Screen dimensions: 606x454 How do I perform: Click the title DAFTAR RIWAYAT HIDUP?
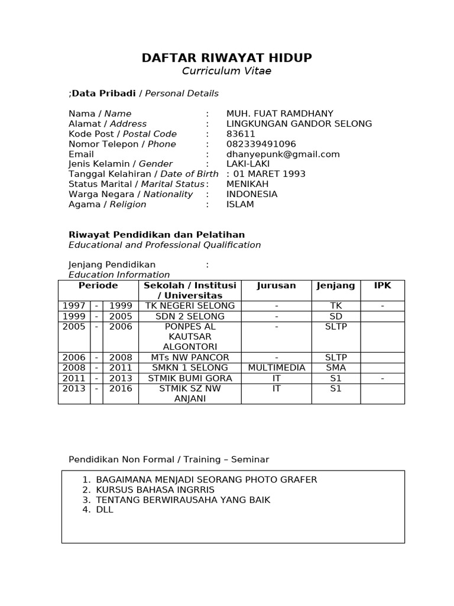[x=227, y=58]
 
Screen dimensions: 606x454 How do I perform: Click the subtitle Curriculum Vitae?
[x=227, y=72]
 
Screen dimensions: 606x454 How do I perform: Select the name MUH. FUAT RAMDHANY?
[x=280, y=114]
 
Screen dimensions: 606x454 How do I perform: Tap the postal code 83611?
[x=241, y=134]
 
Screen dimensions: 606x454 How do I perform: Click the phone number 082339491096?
[x=261, y=144]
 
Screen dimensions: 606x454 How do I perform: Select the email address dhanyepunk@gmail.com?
[x=283, y=154]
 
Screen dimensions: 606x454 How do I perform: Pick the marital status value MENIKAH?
[x=247, y=184]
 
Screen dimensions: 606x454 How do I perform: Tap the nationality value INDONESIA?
[x=252, y=194]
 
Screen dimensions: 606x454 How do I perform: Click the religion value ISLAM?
[x=240, y=204]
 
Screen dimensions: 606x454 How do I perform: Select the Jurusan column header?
[x=276, y=286]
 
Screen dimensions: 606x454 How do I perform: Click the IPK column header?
[x=382, y=286]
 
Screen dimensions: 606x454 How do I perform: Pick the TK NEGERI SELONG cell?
[x=190, y=306]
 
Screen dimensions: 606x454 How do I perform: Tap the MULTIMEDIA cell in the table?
[x=276, y=368]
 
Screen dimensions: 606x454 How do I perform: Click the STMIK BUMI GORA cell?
[x=190, y=378]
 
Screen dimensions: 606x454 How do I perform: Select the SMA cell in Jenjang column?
[x=336, y=368]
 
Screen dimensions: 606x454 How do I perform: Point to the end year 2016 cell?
[x=121, y=389]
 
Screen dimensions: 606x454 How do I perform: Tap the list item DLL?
[x=104, y=510]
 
